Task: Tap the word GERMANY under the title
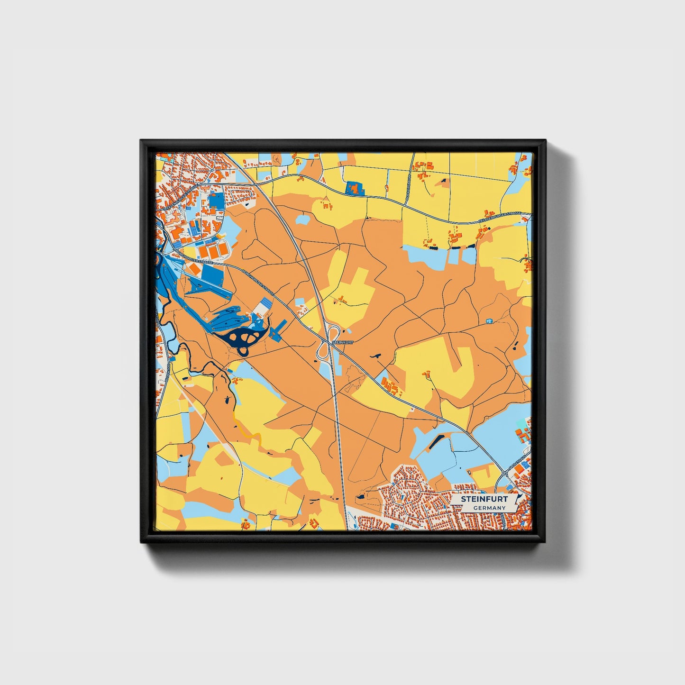pos(490,508)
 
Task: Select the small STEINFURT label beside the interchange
pos(342,341)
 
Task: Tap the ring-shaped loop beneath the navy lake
pos(244,352)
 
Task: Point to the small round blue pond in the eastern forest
pos(489,321)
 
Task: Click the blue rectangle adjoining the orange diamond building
pos(212,274)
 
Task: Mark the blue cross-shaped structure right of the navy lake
pos(279,328)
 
